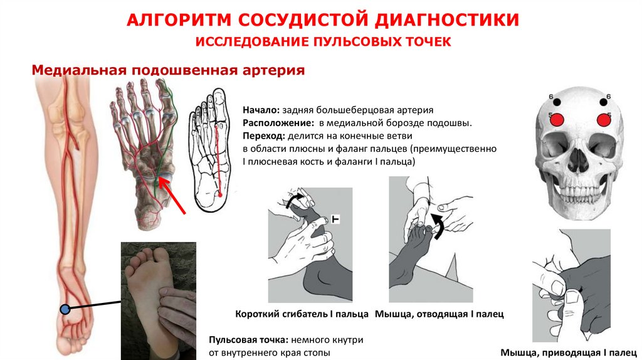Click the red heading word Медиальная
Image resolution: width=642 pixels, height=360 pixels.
click(78, 70)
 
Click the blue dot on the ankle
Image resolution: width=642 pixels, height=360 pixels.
click(65, 309)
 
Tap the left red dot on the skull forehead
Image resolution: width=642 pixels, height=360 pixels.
click(554, 119)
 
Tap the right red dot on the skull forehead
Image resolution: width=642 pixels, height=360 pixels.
click(604, 119)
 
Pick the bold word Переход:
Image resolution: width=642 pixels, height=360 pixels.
click(263, 135)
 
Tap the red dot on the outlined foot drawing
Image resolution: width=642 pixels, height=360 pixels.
click(220, 195)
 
